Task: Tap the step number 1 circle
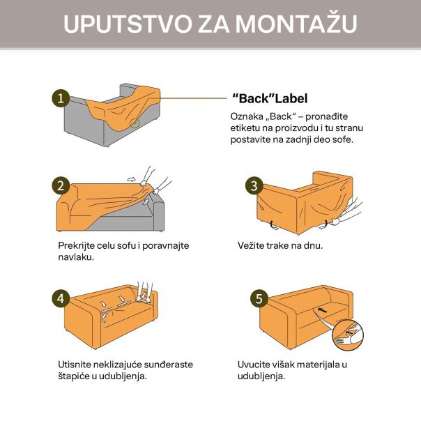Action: click(x=61, y=98)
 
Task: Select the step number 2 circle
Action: click(x=61, y=185)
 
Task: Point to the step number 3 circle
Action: click(x=254, y=185)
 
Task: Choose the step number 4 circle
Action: click(x=61, y=298)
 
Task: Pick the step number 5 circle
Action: click(x=259, y=298)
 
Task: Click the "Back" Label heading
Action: click(x=269, y=99)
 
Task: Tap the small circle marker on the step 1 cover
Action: click(x=135, y=123)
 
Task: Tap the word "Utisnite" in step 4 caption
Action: click(x=77, y=364)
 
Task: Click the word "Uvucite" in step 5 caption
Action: click(x=256, y=364)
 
